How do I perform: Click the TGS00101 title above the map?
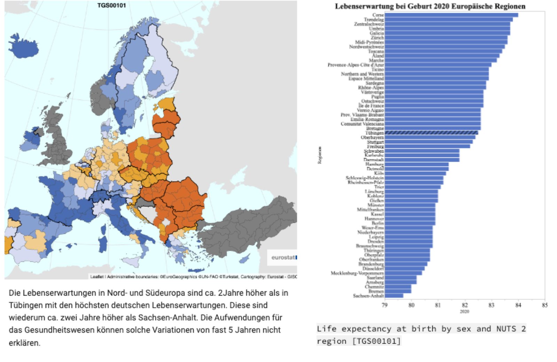[111, 5]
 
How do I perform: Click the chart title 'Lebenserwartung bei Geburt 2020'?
[430, 6]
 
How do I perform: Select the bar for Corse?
[451, 15]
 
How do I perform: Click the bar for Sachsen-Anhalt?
[394, 296]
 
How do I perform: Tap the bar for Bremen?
[398, 291]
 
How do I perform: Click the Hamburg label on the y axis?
[375, 164]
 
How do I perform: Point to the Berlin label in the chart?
[378, 223]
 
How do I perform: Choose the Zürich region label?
[377, 38]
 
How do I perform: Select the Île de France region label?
[371, 105]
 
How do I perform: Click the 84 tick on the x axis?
[518, 306]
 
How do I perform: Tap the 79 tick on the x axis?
[384, 306]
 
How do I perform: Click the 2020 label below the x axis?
[464, 312]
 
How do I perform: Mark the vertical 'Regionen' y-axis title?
[320, 155]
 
